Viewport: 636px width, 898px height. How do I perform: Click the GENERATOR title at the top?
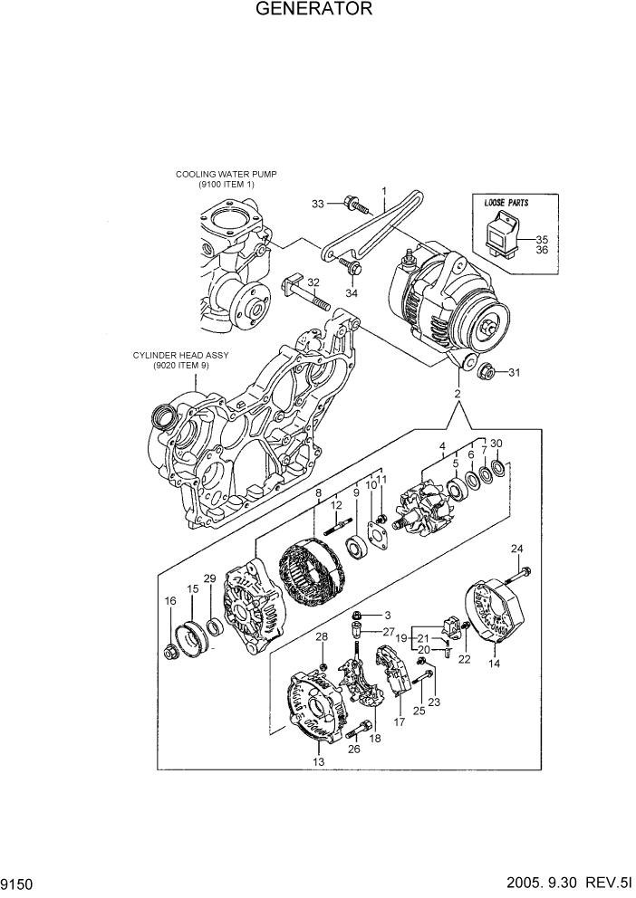(x=313, y=10)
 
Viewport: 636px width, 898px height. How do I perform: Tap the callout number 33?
(x=317, y=205)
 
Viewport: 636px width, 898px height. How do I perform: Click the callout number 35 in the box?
(x=543, y=239)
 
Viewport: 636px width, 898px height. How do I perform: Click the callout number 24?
(x=517, y=549)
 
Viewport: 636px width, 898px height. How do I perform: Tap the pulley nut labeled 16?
(x=170, y=651)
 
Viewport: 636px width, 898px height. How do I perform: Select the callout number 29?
(x=209, y=578)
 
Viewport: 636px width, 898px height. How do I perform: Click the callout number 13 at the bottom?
(x=318, y=762)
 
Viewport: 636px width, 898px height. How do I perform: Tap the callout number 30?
(x=496, y=444)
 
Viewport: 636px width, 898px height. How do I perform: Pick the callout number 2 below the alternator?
(x=458, y=394)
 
